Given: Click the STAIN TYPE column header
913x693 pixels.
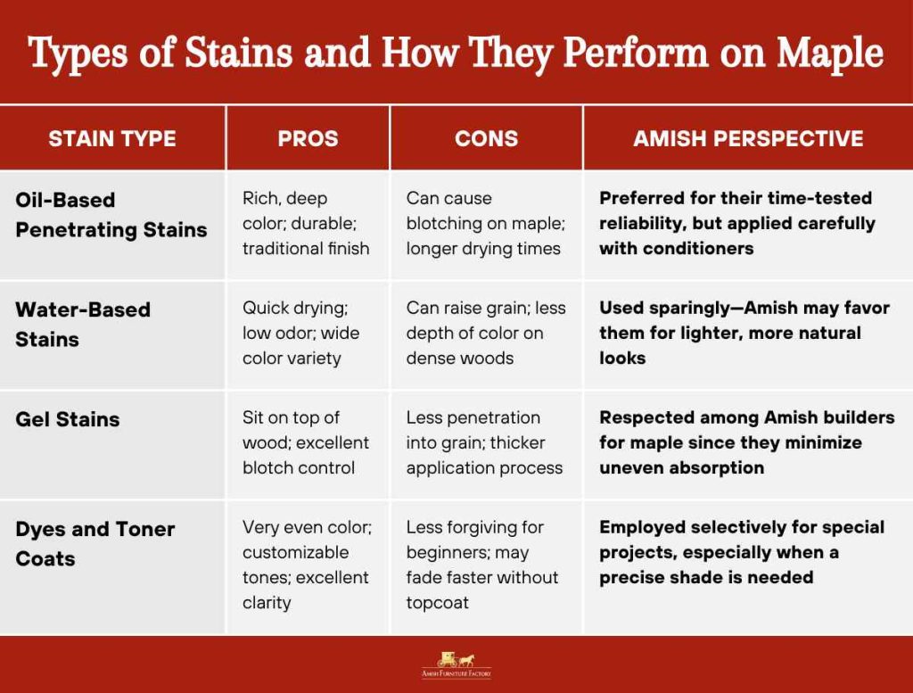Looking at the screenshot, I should [112, 138].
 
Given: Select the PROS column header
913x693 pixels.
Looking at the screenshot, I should [308, 138].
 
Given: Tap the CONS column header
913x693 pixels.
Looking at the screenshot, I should [486, 138].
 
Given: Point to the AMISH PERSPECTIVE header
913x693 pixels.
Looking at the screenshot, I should [748, 138].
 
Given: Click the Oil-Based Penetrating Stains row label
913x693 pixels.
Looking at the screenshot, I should [111, 215].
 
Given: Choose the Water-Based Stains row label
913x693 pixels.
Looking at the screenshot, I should [83, 325].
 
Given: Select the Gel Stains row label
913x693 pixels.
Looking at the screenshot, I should [68, 419].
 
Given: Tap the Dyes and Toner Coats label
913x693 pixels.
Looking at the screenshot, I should [95, 543].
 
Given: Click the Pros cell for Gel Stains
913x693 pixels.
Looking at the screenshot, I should [305, 442].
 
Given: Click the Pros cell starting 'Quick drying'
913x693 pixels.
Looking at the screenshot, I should [300, 333].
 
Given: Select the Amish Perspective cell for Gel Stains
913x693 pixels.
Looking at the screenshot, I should [746, 442].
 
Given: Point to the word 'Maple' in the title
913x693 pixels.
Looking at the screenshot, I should [829, 54].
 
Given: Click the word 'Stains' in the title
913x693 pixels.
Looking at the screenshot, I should [238, 54].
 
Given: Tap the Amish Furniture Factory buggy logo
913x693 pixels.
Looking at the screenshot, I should [456, 663].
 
